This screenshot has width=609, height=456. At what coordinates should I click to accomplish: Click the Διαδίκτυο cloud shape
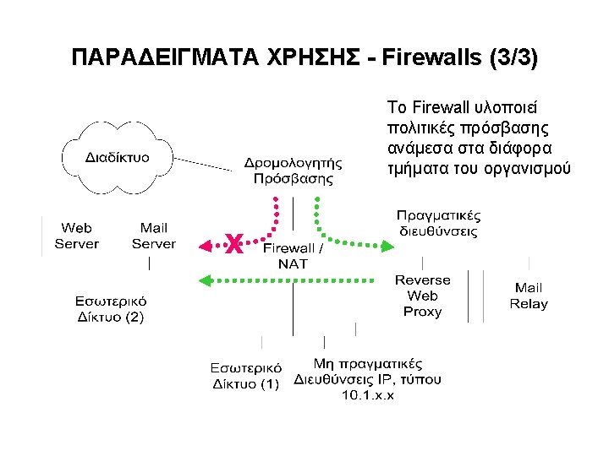coord(118,157)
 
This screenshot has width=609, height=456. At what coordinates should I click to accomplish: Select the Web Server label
coord(76,236)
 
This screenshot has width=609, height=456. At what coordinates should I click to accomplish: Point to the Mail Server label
coord(153,236)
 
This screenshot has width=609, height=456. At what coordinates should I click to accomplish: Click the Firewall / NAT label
coord(293,256)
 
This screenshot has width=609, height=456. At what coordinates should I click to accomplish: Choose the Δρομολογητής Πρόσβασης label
coord(293,170)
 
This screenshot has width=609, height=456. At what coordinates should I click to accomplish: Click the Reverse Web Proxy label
coord(422,296)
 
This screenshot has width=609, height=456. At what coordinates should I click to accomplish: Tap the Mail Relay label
coord(529,296)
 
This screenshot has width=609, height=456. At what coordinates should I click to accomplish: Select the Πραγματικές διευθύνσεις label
coord(439,222)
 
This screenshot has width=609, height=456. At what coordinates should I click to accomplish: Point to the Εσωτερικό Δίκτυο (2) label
coord(110,309)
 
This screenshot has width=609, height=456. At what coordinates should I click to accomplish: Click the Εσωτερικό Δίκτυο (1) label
coord(244,376)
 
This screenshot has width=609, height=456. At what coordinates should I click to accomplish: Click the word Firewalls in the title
coord(432,58)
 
